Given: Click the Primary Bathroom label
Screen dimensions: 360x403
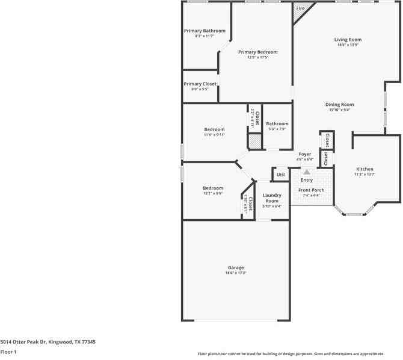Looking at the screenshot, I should click(x=205, y=31).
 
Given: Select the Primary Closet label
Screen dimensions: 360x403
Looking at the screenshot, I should click(x=200, y=84).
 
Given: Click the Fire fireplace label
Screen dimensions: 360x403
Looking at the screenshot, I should click(x=300, y=8).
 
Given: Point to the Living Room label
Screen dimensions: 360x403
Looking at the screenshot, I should click(x=348, y=40).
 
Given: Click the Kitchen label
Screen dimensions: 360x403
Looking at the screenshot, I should click(x=365, y=169).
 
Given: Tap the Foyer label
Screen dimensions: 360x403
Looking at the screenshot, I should click(x=306, y=154).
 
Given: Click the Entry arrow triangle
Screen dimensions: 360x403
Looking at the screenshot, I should click(x=306, y=172).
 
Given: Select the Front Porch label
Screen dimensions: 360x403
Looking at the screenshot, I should click(x=311, y=190).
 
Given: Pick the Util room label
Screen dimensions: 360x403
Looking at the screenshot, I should click(x=280, y=175).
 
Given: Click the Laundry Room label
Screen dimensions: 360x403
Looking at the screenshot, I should click(x=272, y=197).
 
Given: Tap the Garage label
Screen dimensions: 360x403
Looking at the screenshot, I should click(x=236, y=267).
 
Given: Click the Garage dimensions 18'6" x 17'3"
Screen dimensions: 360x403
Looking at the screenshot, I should click(x=236, y=273).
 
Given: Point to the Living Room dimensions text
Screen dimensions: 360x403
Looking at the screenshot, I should click(x=348, y=45).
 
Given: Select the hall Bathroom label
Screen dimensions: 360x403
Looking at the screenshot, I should click(x=277, y=124).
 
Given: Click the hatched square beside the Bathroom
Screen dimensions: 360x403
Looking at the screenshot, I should click(x=255, y=141).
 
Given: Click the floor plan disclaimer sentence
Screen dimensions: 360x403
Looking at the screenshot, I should click(x=299, y=354).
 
